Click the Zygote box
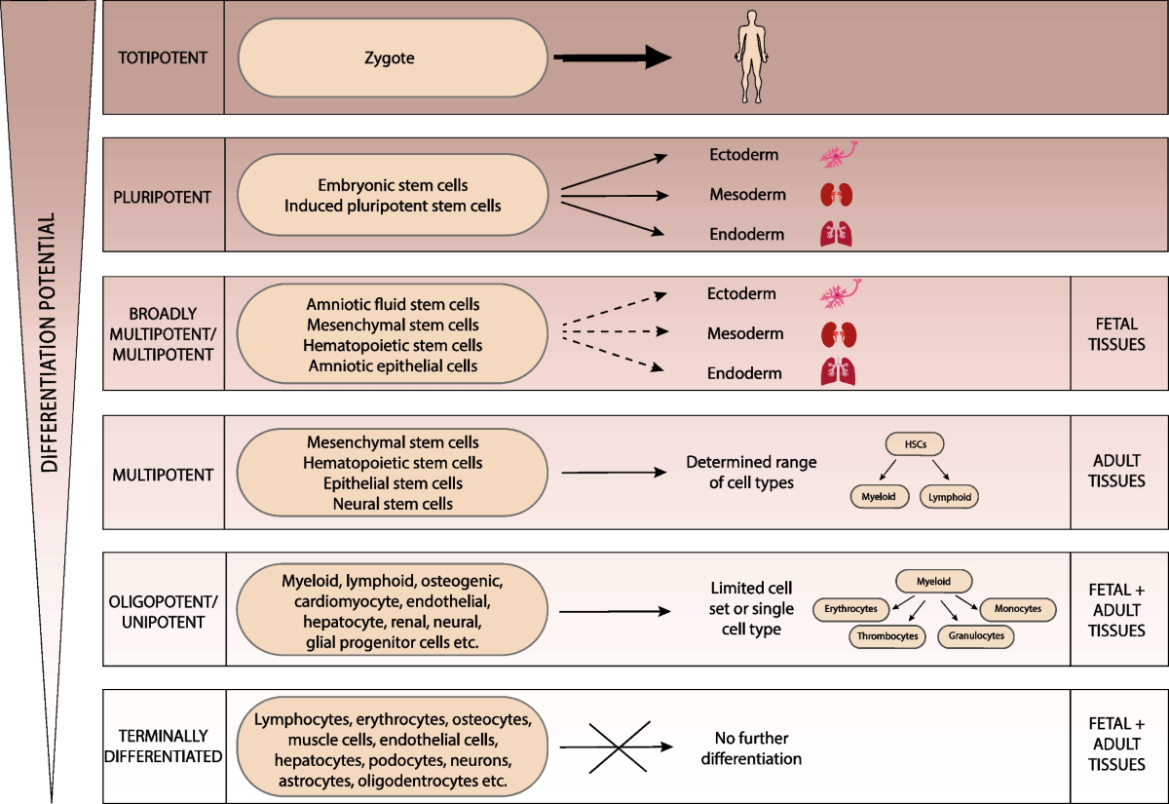coord(393,57)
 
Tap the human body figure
coord(751,57)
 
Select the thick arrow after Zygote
coord(613,57)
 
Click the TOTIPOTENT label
coord(163,57)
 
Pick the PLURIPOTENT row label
coord(163,197)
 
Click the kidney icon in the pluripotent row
coord(837,195)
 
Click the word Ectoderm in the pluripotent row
coord(743,155)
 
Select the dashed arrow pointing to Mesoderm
coord(615,331)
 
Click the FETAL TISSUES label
coord(1116,334)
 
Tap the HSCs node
coord(915,444)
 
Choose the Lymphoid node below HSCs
coord(949,497)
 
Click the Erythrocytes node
coord(850,609)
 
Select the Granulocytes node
coord(976,635)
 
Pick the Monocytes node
coord(1018,609)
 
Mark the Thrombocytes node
coord(887,636)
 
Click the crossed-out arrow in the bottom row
coord(617,747)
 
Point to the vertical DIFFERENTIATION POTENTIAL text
coord(49,342)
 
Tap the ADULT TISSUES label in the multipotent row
coord(1116,471)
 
